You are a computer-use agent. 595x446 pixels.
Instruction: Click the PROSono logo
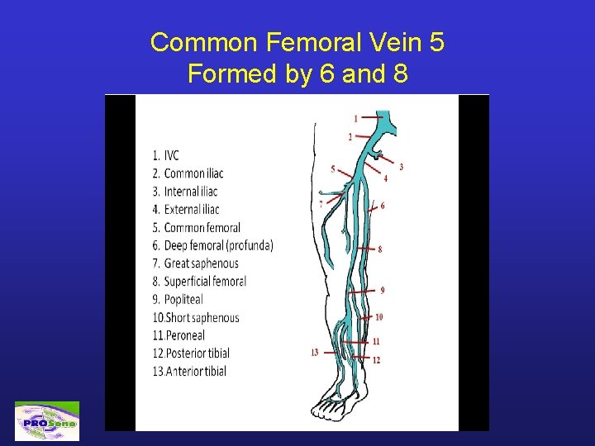click(x=47, y=421)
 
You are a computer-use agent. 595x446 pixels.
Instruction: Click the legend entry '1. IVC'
click(x=165, y=155)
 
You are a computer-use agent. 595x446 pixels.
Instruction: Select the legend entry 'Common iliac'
click(x=188, y=173)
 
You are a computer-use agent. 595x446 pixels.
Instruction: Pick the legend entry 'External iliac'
click(x=186, y=210)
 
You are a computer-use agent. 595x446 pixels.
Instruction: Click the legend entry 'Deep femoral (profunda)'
click(x=212, y=245)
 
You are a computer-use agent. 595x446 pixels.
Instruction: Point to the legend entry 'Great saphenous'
click(x=195, y=263)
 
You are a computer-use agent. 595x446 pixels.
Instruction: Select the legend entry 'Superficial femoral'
click(x=198, y=282)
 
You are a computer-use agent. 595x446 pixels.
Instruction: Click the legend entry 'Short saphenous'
click(x=195, y=317)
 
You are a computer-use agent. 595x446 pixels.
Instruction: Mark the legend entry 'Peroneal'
click(x=178, y=335)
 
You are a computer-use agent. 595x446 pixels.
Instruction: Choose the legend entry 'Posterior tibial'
click(x=191, y=353)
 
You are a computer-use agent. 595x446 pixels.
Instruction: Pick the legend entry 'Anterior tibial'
click(x=189, y=372)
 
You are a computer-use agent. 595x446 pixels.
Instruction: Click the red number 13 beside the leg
click(x=315, y=353)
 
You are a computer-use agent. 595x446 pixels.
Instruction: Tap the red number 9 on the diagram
click(x=382, y=290)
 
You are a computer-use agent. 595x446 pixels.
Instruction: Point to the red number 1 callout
click(x=356, y=118)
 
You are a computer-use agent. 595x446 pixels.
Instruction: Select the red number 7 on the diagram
click(x=320, y=203)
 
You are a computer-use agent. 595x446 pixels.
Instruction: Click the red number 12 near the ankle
click(x=376, y=360)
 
